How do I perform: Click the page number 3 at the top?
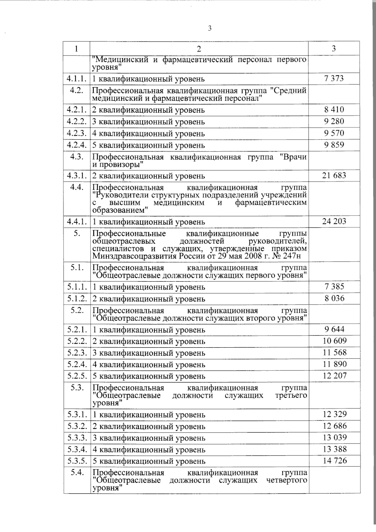point(210,29)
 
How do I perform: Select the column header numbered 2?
point(199,49)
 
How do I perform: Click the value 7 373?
point(334,78)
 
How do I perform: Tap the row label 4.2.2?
point(76,122)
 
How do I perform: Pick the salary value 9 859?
point(334,145)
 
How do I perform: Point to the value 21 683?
point(334,176)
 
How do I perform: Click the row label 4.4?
point(76,188)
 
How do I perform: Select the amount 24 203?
point(334,221)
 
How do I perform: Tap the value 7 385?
point(334,286)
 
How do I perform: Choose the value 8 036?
point(334,298)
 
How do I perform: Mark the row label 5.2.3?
point(76,353)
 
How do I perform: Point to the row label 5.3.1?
point(76,414)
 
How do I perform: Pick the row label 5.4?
point(76,473)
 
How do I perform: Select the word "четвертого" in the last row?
point(286,480)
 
